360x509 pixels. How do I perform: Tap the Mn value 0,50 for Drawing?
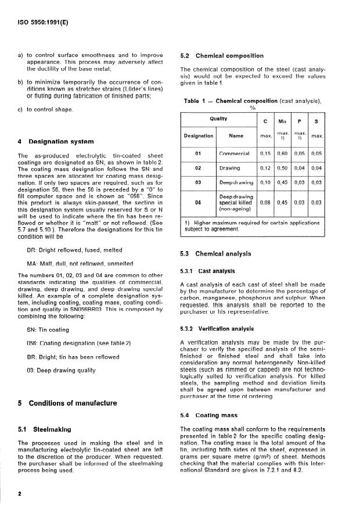[x=283, y=169]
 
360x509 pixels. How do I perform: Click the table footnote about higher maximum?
[x=251, y=226]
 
